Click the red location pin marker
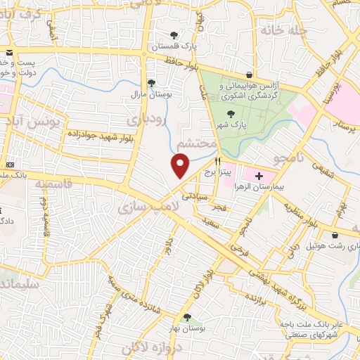coord(181,167)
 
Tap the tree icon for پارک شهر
coord(229,112)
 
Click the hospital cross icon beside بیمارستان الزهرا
coord(259,175)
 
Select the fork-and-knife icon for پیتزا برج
coord(226,160)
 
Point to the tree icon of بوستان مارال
coord(151,82)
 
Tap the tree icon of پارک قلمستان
coord(174,34)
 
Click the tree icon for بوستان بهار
coord(186,317)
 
